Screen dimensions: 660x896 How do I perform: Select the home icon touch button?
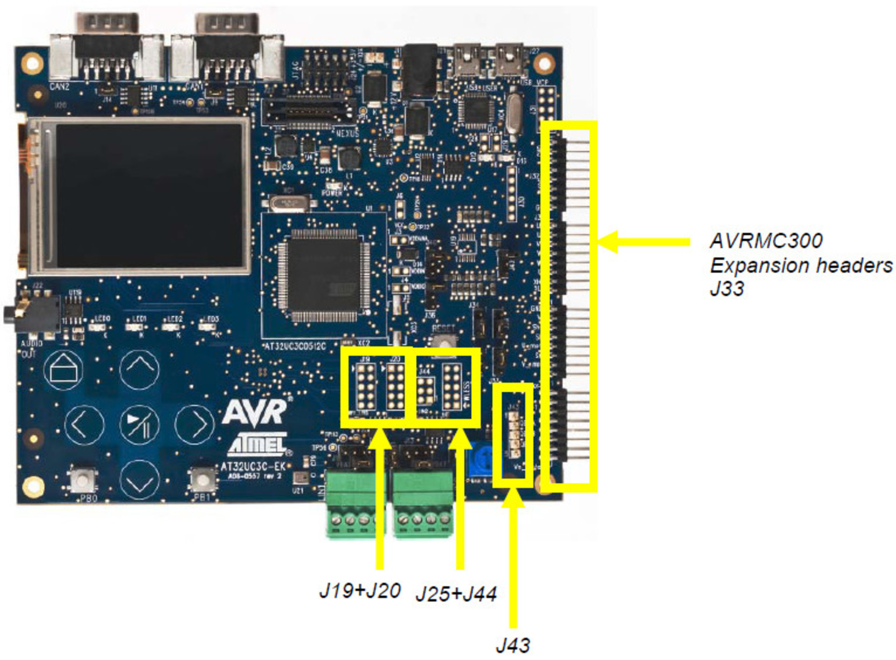64,370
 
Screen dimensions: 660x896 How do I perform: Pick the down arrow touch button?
139,480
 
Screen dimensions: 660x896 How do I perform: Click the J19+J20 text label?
360,591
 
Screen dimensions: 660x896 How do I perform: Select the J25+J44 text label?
456,594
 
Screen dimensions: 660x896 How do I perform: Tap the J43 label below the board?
513,645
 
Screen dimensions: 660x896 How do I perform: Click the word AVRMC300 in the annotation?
765,241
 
